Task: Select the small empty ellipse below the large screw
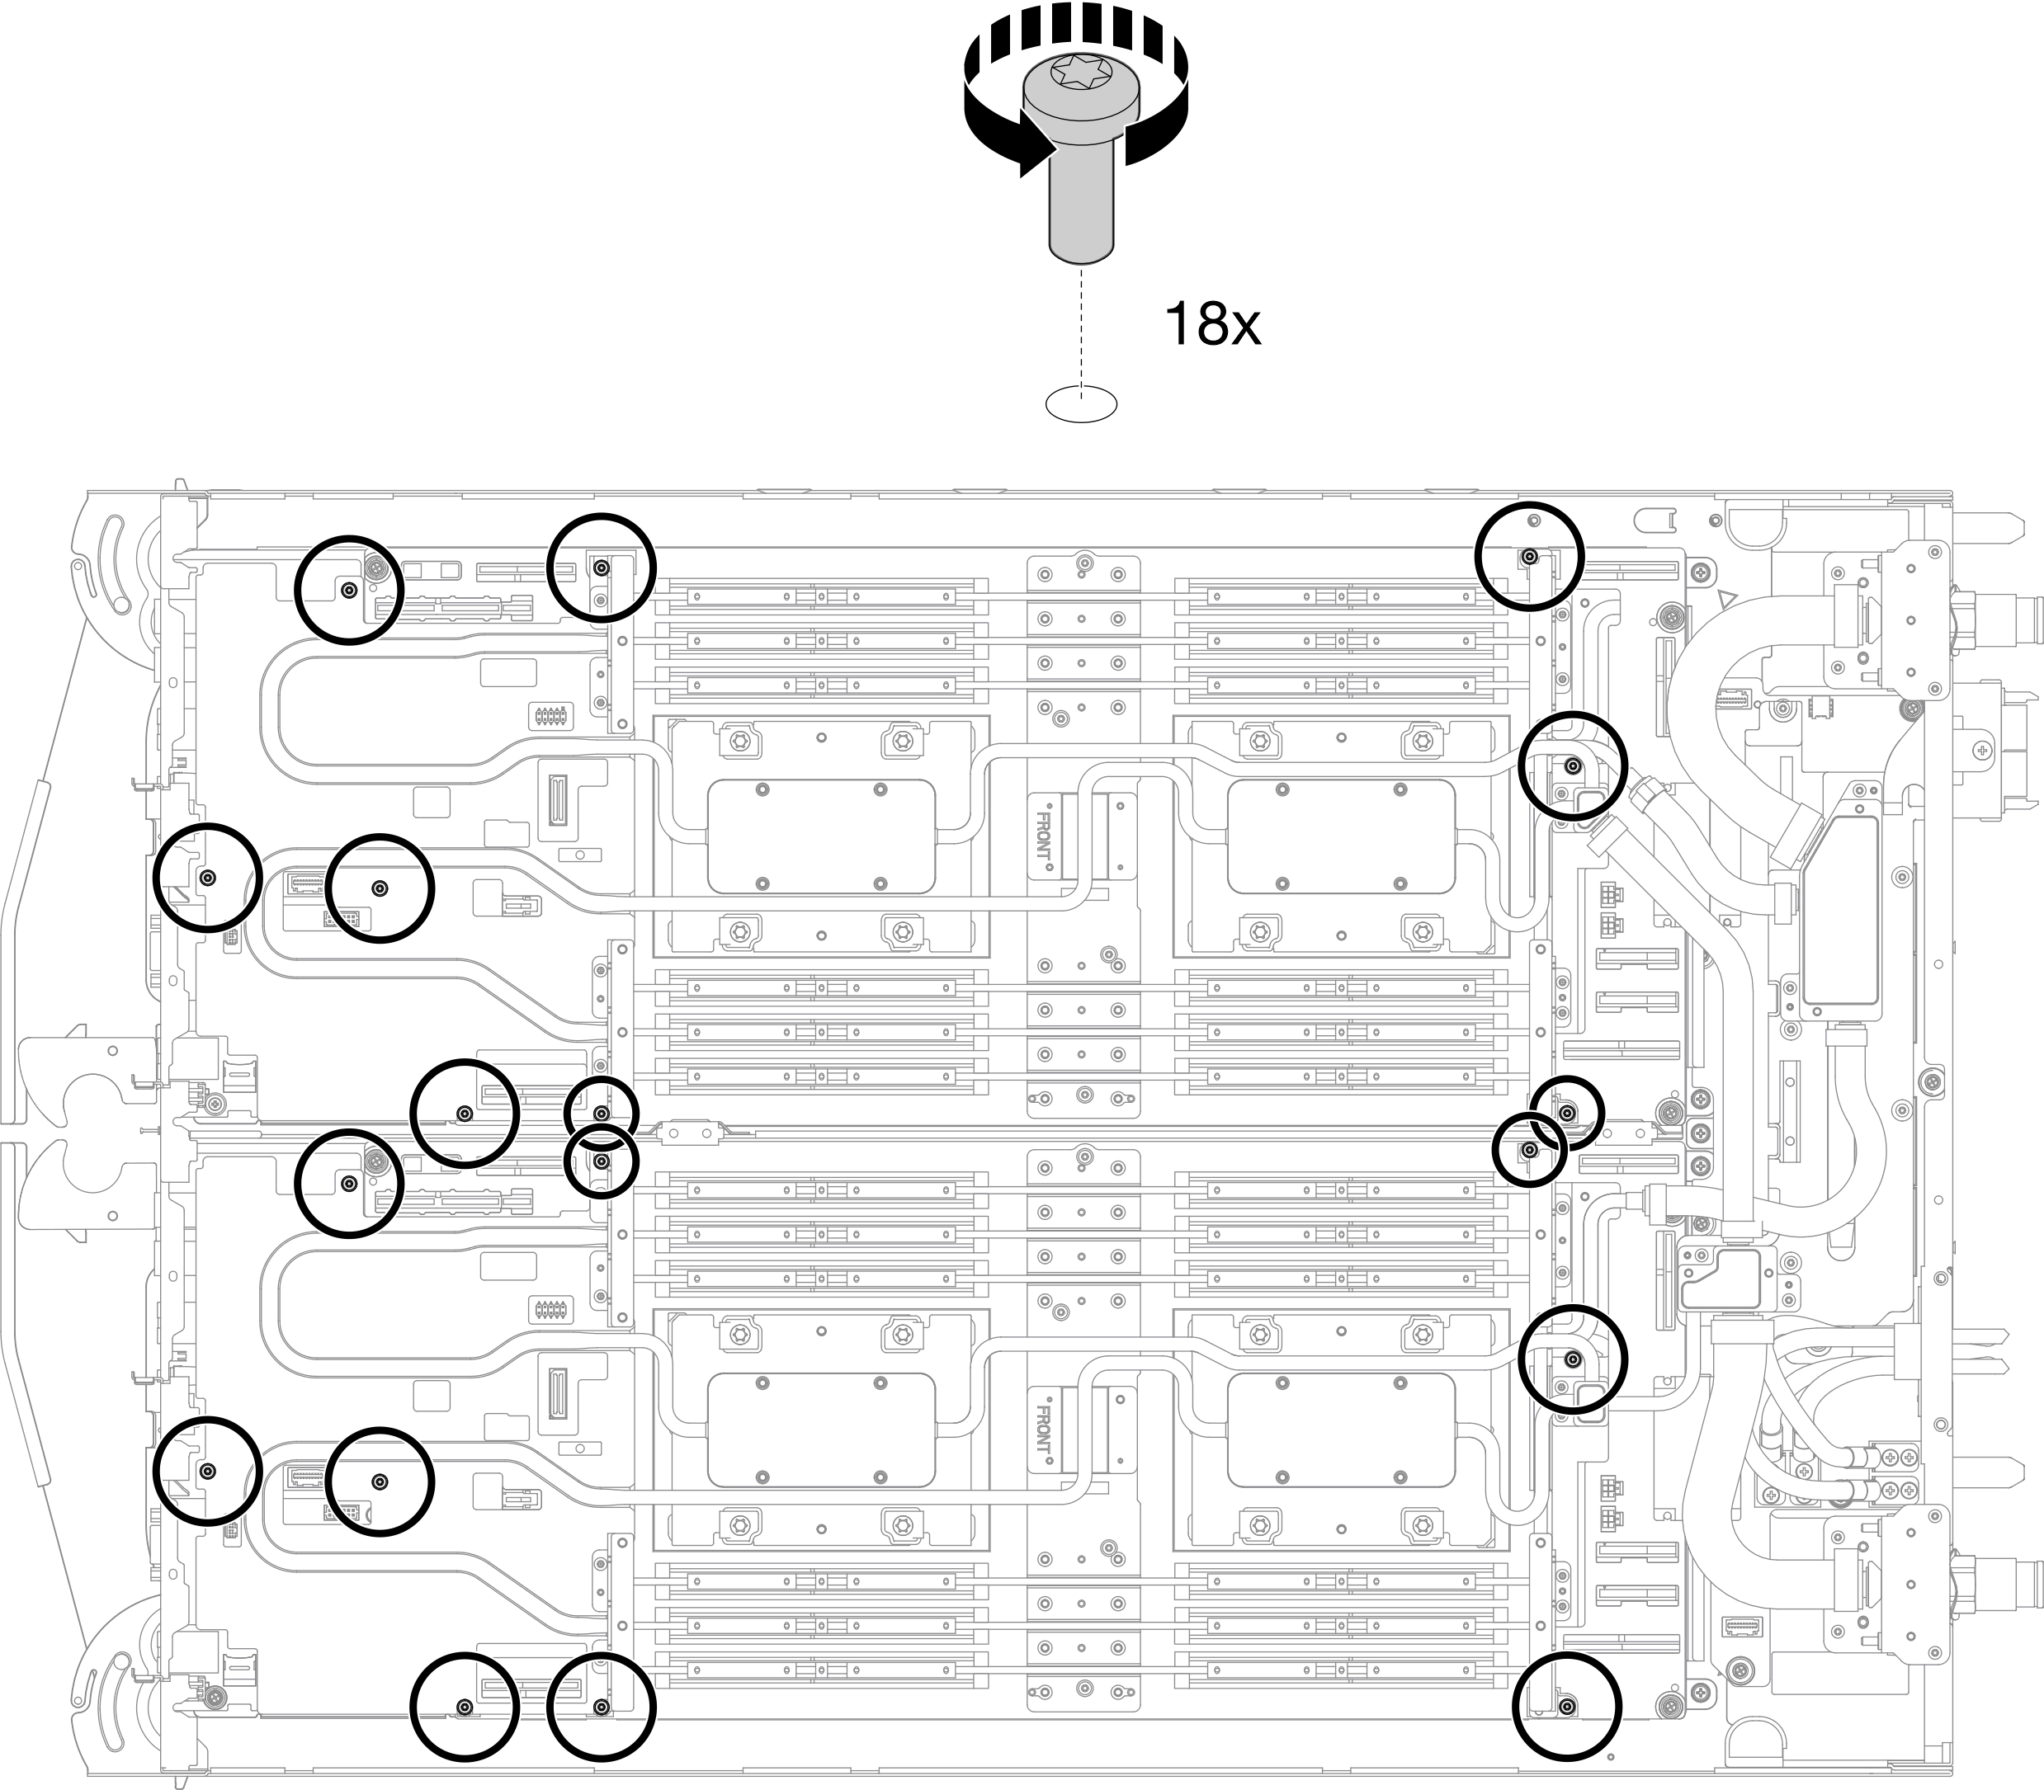pos(1081,403)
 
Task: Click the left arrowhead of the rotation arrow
pos(1036,158)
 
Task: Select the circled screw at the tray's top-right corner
pos(1528,556)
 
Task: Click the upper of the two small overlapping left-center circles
pos(602,1113)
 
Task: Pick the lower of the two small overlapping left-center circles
pos(602,1161)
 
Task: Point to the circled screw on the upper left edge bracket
pos(208,878)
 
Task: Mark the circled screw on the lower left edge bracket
pos(208,1472)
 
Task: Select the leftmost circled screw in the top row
pos(349,591)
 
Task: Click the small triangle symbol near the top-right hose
pos(1725,601)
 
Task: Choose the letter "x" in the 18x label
pos(1242,327)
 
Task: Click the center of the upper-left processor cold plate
pos(821,836)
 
